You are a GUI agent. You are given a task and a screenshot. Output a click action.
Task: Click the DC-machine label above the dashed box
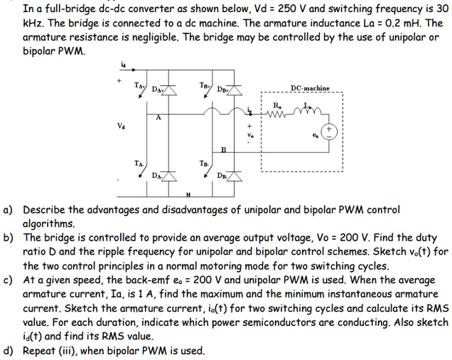coord(309,88)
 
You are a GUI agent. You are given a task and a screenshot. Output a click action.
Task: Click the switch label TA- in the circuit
coord(139,163)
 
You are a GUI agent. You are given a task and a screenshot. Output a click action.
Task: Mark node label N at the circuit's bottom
coord(188,196)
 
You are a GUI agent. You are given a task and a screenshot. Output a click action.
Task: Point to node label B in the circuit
coord(222,150)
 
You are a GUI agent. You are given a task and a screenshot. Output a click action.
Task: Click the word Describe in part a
coord(46,211)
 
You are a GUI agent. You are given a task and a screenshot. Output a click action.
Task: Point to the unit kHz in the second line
coord(33,22)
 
